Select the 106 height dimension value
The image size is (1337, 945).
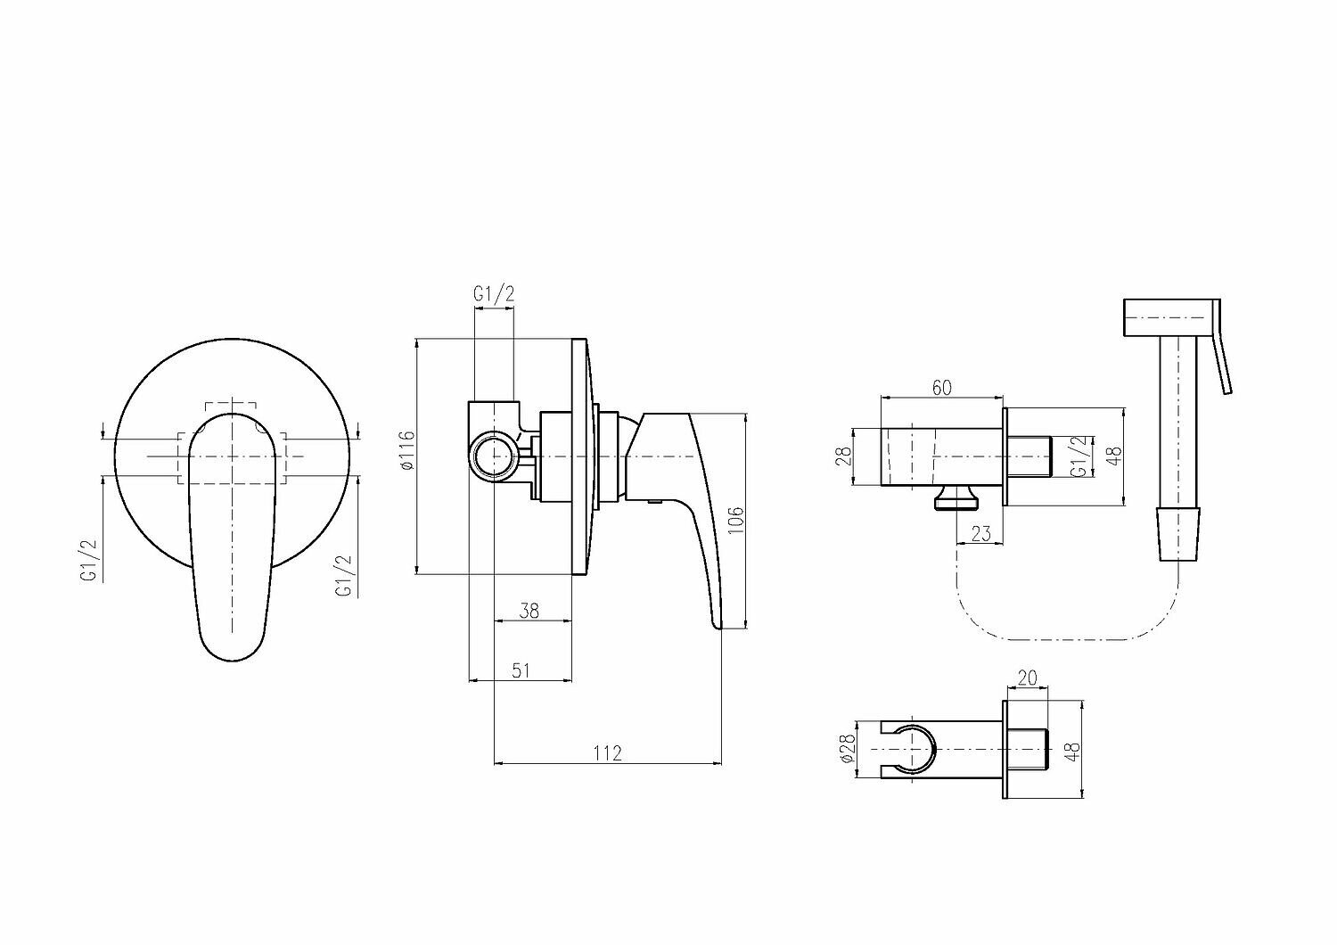(735, 520)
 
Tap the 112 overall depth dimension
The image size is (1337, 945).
(607, 753)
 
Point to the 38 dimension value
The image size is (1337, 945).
(529, 611)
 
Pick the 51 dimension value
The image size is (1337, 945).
(521, 670)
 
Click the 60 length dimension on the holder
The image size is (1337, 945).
(941, 387)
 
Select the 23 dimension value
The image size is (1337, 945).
(980, 533)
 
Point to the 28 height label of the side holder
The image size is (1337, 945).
(845, 456)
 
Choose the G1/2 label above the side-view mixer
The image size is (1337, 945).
(494, 294)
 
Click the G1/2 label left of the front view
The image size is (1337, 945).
(89, 561)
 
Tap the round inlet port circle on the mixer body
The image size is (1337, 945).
(493, 457)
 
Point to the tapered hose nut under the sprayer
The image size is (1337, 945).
(1179, 533)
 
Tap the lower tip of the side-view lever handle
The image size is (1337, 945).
(718, 622)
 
